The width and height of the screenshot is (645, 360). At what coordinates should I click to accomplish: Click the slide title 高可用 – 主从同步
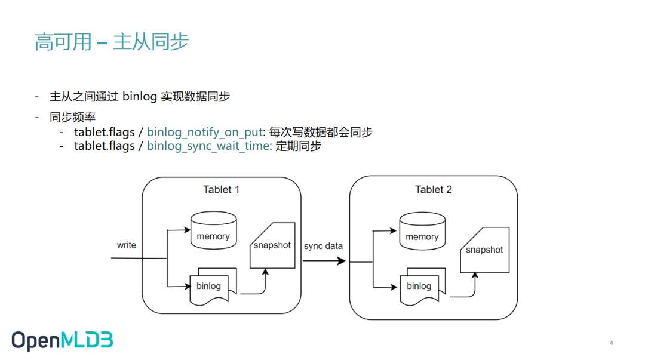click(x=112, y=42)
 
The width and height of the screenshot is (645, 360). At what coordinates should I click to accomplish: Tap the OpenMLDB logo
click(x=62, y=340)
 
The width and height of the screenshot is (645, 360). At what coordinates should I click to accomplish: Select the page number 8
click(x=611, y=343)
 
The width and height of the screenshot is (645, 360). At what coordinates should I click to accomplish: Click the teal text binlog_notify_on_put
click(x=205, y=132)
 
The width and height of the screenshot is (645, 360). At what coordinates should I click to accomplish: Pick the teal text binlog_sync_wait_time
click(x=208, y=146)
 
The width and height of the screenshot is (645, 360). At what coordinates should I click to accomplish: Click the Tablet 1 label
click(x=221, y=190)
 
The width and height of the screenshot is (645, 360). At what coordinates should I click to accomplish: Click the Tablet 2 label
click(x=434, y=190)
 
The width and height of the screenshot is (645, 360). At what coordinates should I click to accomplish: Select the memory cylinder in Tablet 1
click(x=213, y=233)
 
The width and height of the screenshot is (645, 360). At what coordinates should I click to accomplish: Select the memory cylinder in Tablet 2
click(x=422, y=233)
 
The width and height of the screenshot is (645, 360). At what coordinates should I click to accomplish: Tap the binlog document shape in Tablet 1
click(x=210, y=287)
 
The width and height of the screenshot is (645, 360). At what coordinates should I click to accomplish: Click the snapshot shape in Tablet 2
click(x=484, y=250)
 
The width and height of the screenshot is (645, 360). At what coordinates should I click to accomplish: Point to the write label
click(x=127, y=245)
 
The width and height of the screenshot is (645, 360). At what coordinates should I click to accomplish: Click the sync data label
click(x=323, y=246)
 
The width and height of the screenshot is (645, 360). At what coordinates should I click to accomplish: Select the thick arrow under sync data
click(x=324, y=261)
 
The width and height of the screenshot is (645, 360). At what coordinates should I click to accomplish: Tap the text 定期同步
click(x=298, y=146)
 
